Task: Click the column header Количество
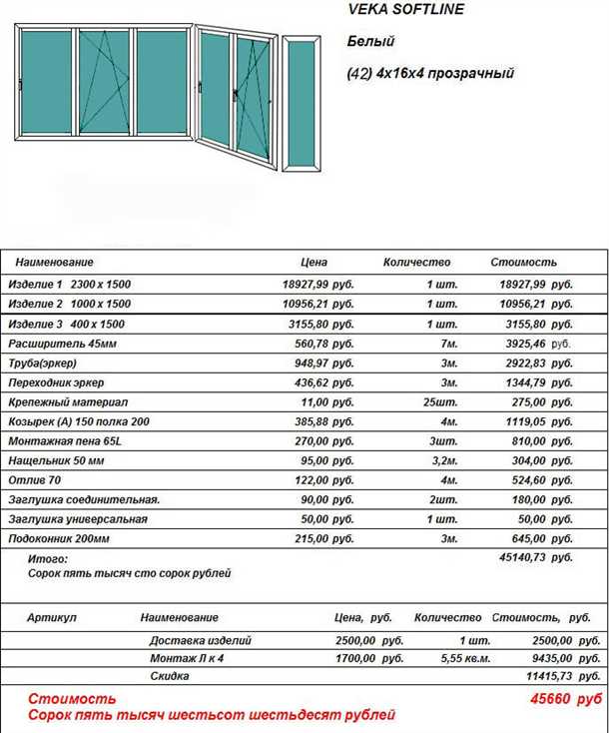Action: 416,263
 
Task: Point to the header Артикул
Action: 52,618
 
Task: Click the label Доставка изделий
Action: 200,640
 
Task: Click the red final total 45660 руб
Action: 566,699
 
